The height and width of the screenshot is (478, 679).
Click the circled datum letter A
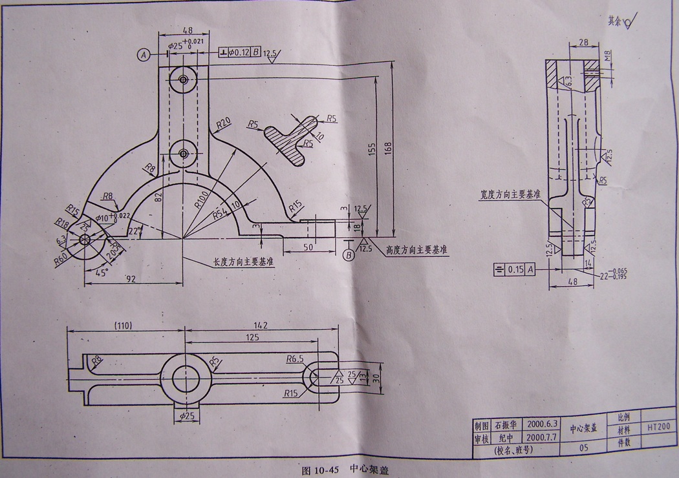click(x=144, y=54)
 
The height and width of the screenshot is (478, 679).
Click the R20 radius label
click(x=224, y=122)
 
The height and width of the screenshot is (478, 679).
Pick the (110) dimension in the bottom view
click(x=123, y=326)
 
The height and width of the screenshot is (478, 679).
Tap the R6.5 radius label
click(x=294, y=359)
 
